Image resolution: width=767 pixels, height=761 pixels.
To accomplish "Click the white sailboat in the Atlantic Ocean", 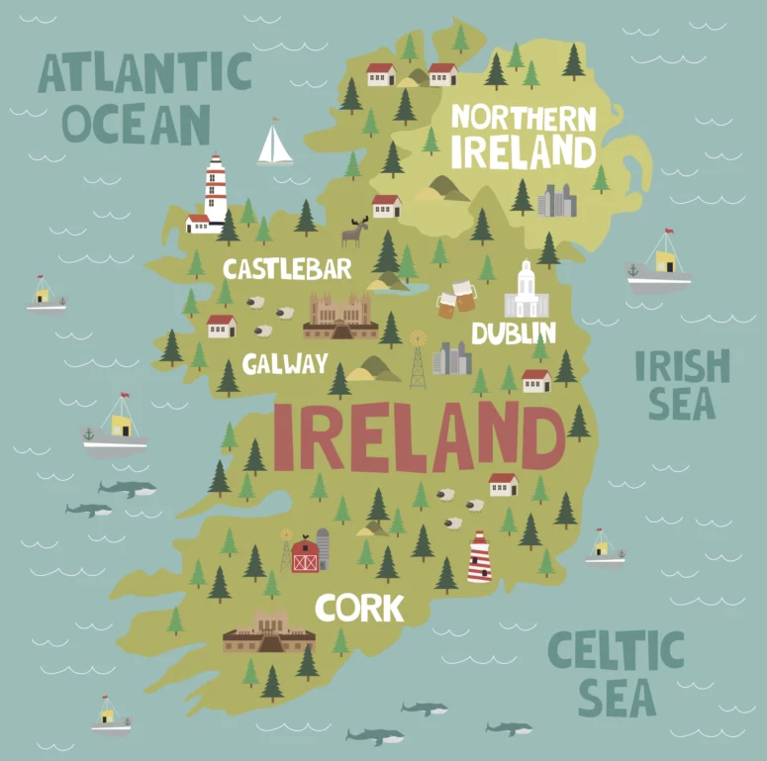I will point(275,144).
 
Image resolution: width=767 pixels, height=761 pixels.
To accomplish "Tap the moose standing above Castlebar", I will point(354,233).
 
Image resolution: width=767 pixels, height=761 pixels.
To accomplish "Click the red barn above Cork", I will point(305,554).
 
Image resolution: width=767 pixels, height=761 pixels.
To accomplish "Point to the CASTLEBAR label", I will point(287,269).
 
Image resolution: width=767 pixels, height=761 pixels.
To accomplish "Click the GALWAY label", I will point(285,364).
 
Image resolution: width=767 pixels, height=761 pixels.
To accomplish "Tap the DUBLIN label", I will point(514,333).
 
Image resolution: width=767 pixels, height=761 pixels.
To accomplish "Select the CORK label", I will point(359,608).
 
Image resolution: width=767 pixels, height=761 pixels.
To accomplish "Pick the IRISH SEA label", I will point(682,384).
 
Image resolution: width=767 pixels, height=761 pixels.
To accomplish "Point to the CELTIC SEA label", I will point(616,674).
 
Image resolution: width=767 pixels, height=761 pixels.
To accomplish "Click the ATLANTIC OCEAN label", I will point(143,98).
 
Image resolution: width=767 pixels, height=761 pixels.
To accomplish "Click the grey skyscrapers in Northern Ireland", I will point(556,201).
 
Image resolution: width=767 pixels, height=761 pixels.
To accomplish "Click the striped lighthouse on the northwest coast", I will point(215,190).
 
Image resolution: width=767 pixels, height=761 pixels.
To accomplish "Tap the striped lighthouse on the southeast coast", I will point(480,557).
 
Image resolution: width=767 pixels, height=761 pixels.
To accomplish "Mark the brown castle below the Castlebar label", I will point(339,316).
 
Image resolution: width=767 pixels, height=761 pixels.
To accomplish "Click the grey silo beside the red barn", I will point(323,549).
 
